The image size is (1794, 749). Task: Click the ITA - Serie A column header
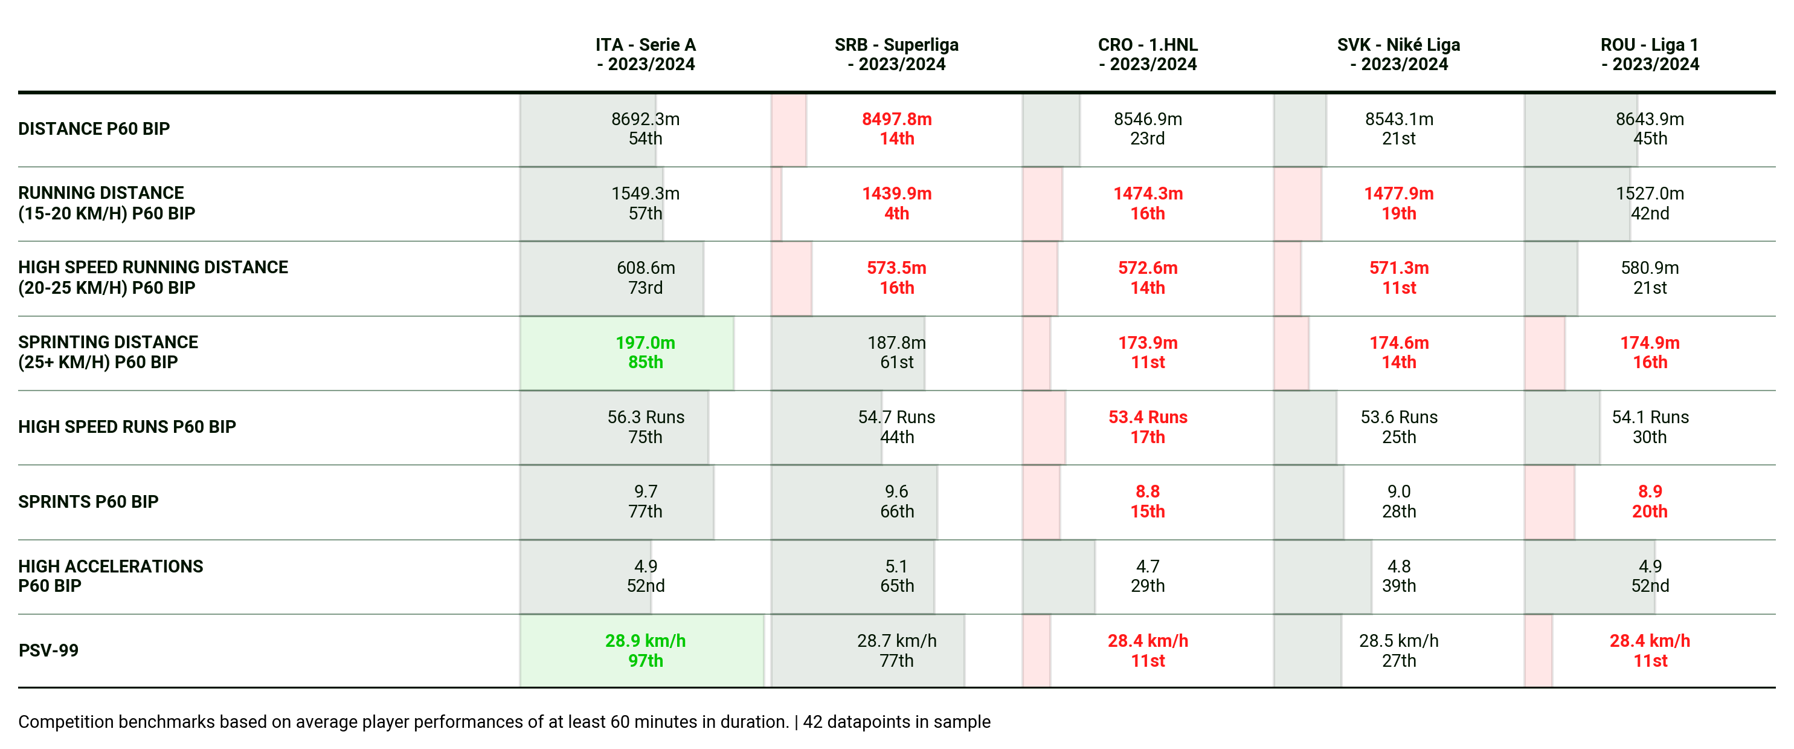[x=646, y=54]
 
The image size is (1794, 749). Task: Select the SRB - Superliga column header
[x=896, y=54]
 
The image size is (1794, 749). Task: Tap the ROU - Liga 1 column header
[x=1650, y=54]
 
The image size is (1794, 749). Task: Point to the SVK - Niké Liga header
[x=1398, y=54]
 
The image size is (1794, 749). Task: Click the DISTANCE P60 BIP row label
[x=94, y=129]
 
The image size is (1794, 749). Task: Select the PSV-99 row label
[x=48, y=650]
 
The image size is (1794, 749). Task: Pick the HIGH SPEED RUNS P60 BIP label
[x=127, y=426]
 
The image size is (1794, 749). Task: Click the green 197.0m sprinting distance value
[x=645, y=343]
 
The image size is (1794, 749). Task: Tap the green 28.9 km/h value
[x=645, y=641]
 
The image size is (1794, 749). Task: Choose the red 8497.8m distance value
[x=896, y=119]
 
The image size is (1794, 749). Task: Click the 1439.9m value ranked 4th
[x=896, y=193]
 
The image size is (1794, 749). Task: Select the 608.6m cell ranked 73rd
[x=646, y=268]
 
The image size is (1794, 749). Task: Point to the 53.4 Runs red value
[x=1148, y=417]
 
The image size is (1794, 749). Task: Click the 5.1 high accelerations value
[x=896, y=566]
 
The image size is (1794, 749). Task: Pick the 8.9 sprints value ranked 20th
[x=1650, y=492]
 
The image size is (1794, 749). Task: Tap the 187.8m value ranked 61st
[x=896, y=343]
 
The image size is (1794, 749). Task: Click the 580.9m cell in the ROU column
[x=1650, y=268]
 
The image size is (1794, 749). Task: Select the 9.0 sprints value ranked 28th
[x=1398, y=492]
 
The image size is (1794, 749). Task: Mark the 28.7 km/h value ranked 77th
[x=896, y=641]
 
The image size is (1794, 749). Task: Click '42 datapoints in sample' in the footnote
[x=896, y=722]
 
